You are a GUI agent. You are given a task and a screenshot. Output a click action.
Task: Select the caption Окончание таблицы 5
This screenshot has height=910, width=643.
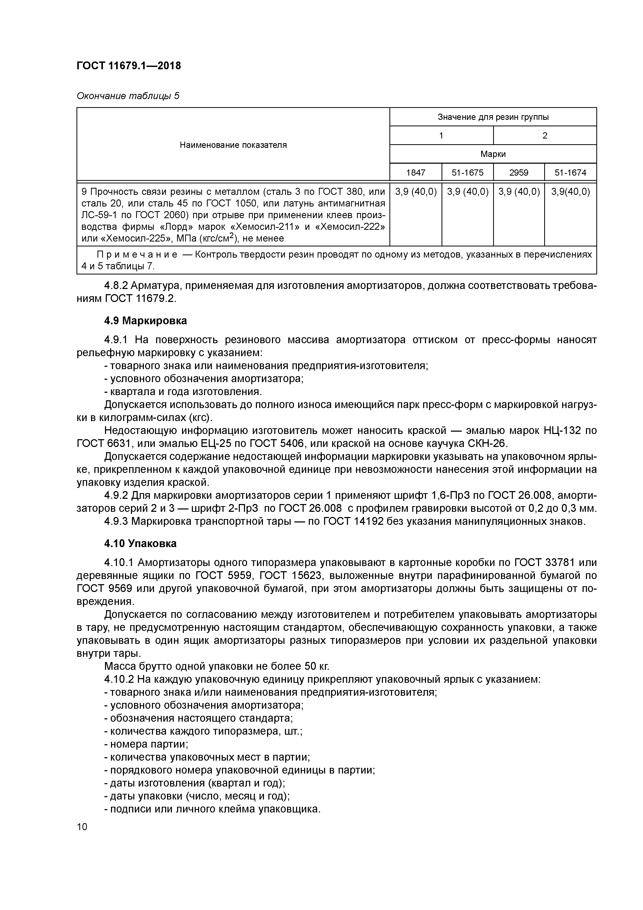(128, 96)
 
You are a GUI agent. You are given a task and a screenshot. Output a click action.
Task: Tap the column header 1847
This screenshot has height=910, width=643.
(416, 173)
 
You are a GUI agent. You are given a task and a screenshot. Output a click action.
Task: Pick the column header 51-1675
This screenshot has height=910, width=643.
(467, 173)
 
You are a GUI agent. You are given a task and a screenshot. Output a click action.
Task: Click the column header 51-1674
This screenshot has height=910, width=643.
(570, 173)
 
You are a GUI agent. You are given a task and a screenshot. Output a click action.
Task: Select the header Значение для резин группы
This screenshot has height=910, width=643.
(493, 117)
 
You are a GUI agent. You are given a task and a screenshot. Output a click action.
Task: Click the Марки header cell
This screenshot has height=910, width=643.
(493, 154)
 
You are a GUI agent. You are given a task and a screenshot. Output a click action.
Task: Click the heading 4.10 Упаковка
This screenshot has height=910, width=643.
(140, 543)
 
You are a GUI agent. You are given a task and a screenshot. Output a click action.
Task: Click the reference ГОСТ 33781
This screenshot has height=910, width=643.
(544, 563)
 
